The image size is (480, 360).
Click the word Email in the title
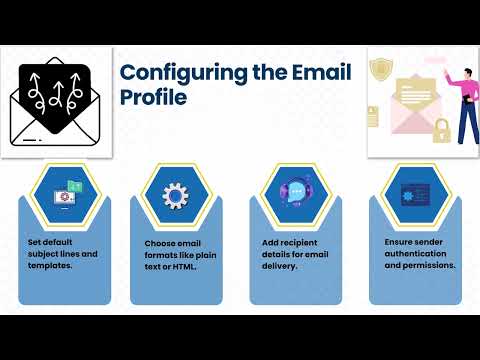(298, 74)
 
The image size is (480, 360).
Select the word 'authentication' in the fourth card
(415, 254)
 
